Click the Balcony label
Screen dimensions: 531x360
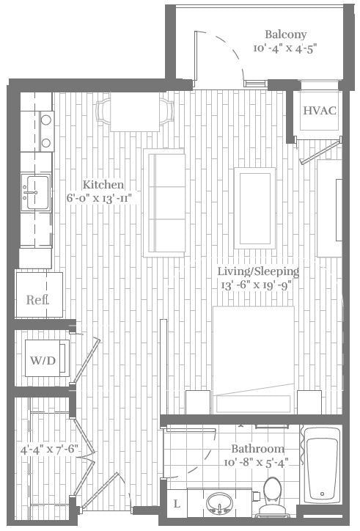(285, 34)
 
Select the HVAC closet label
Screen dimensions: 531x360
(320, 111)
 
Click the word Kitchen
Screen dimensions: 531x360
(103, 185)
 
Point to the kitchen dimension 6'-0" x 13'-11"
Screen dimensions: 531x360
(103, 199)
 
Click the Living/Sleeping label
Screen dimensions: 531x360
(258, 271)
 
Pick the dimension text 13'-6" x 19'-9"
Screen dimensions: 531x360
(258, 285)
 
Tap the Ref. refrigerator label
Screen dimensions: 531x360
(37, 299)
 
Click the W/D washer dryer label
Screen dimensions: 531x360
(42, 360)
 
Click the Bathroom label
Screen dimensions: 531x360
(257, 449)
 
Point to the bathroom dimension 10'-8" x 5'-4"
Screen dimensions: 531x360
(257, 463)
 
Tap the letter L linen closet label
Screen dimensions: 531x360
(177, 505)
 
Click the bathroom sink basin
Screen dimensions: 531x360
(219, 505)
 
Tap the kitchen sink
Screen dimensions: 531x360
(34, 191)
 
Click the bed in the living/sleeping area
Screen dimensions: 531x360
(253, 359)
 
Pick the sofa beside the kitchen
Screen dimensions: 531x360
(164, 202)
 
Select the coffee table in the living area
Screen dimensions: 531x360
(254, 207)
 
